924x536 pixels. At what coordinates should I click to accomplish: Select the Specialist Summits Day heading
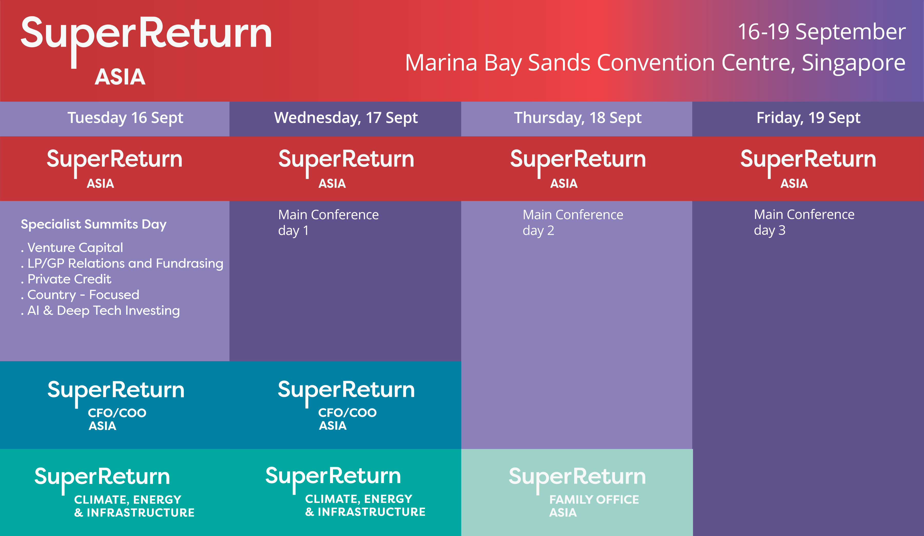click(x=93, y=224)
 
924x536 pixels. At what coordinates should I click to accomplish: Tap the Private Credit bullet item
click(x=69, y=279)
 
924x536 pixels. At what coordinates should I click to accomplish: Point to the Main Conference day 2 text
click(x=572, y=222)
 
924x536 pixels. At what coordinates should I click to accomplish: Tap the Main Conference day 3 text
click(x=804, y=222)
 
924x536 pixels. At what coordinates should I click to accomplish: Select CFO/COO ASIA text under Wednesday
click(x=347, y=419)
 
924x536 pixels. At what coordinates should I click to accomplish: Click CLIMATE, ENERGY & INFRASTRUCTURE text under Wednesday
click(x=365, y=505)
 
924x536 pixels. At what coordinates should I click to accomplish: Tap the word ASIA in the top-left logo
click(x=120, y=77)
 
